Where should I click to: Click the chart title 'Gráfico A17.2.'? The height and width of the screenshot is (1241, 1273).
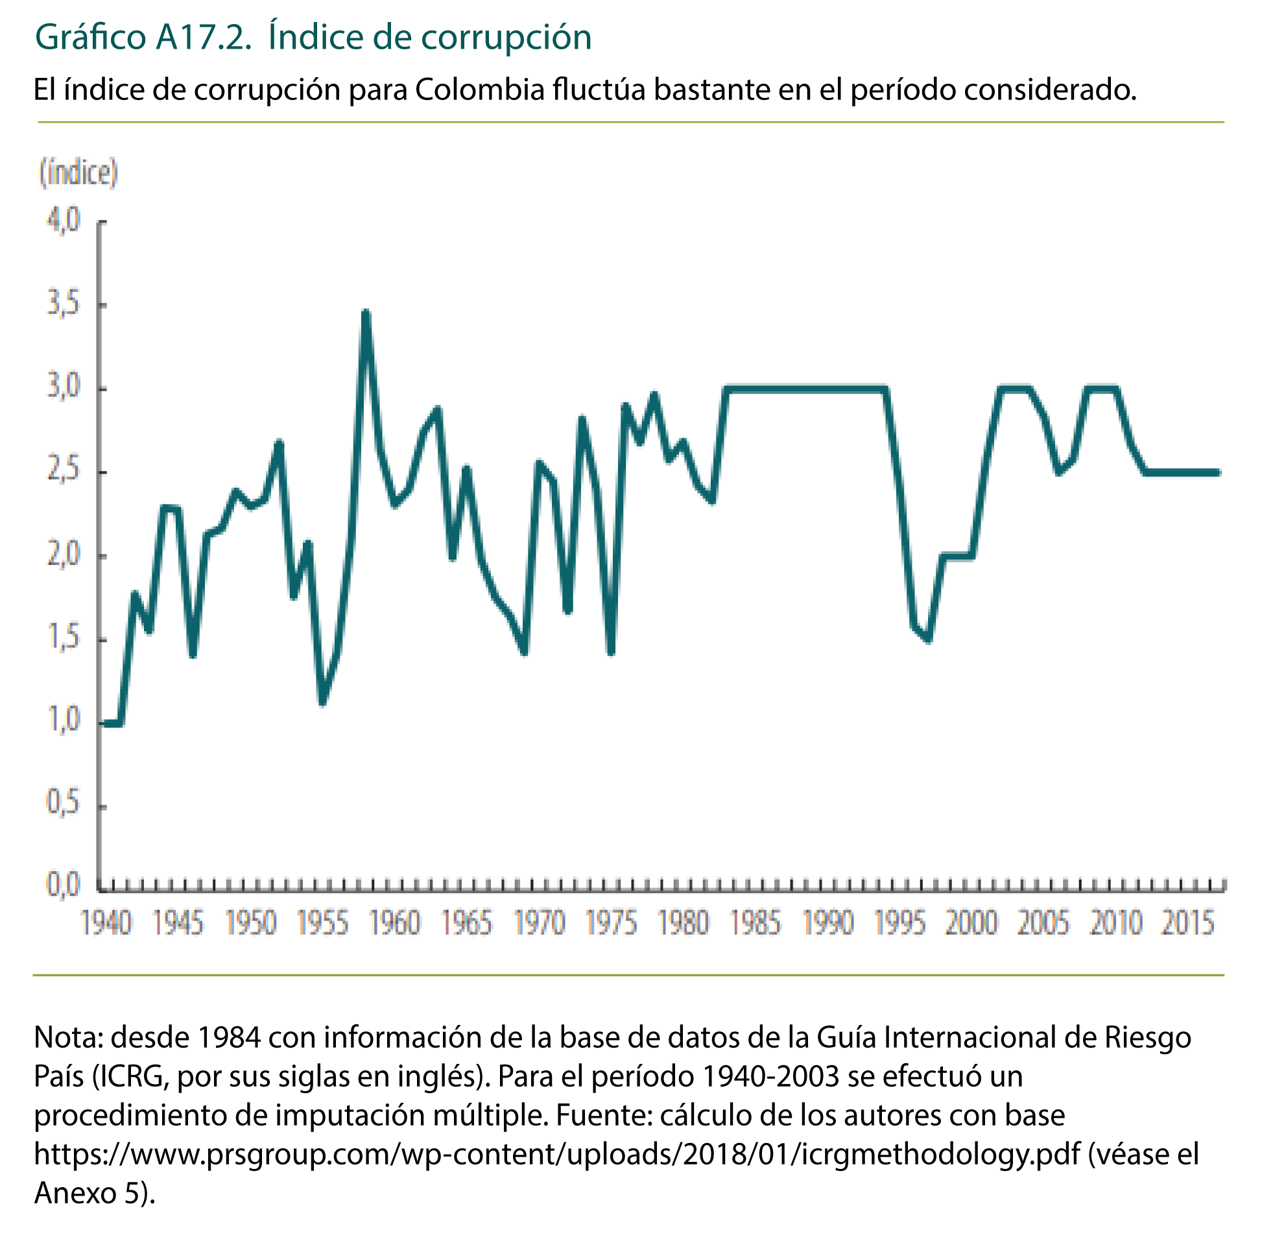(143, 37)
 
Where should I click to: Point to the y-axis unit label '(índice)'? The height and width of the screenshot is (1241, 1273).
(78, 173)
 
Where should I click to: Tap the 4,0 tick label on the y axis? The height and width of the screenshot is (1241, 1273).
(63, 221)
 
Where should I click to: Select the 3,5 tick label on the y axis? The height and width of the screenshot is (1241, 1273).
(63, 304)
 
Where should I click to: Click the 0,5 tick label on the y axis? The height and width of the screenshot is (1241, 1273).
(63, 802)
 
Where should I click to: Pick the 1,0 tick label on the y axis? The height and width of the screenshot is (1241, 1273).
(63, 719)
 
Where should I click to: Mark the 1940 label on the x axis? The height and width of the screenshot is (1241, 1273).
(106, 923)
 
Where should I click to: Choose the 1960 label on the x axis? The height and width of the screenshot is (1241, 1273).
(394, 923)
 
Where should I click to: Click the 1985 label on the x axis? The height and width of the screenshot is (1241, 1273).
(755, 923)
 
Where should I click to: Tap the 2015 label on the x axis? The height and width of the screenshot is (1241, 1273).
(1187, 923)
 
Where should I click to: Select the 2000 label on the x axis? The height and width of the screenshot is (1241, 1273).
(971, 923)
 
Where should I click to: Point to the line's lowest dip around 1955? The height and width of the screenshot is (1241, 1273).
(322, 703)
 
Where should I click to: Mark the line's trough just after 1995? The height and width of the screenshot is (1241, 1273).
(928, 640)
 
